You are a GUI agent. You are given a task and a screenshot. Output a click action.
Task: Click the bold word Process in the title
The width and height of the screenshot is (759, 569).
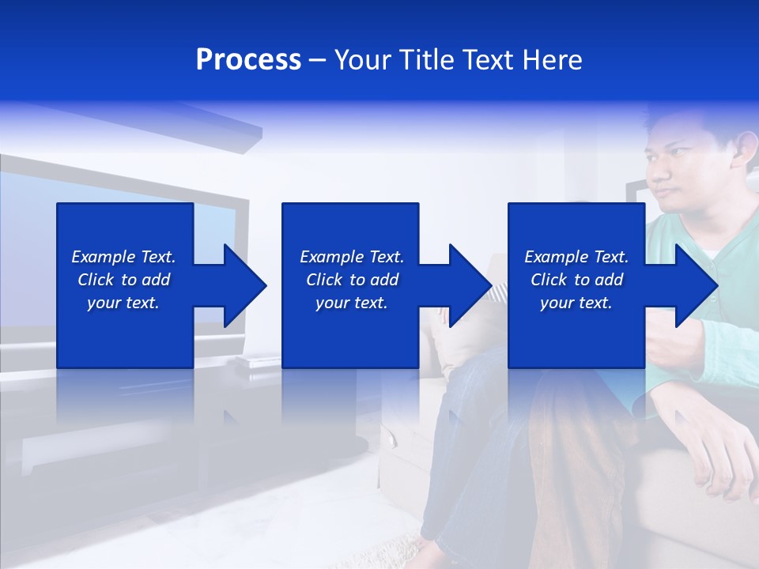coord(248,60)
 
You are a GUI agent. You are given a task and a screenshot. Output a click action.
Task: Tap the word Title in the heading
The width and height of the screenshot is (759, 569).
coord(425,60)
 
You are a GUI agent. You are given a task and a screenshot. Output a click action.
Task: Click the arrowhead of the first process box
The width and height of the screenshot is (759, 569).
coord(244,285)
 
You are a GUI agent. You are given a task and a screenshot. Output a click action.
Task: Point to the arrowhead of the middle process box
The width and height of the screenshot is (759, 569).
coord(469,285)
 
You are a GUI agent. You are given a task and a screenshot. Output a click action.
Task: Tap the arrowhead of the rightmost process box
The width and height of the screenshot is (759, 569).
coord(694,285)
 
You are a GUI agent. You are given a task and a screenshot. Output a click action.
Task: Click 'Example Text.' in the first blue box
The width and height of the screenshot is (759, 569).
coord(123,257)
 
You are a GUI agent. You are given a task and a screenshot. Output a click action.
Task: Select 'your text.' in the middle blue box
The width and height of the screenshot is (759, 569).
coord(352,303)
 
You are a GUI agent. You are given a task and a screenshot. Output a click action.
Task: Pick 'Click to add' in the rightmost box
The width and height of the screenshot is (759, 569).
coord(576,280)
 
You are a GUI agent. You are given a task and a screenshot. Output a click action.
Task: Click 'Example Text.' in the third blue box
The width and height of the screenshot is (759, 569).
coord(576,257)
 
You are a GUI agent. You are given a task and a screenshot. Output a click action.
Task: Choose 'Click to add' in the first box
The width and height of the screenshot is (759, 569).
coord(123,280)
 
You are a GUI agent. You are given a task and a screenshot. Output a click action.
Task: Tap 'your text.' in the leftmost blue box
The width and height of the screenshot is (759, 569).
coord(123,303)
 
